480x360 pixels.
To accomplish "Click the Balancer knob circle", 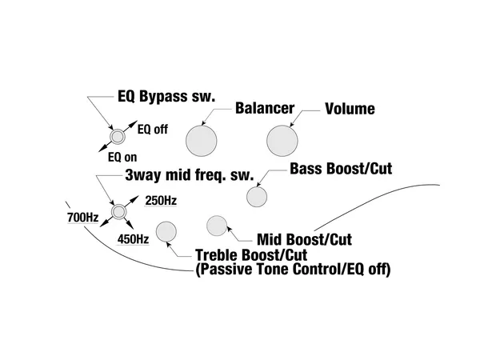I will (202, 142).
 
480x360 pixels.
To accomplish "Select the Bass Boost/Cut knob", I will (257, 197).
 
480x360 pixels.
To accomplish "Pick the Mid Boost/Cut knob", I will (218, 226).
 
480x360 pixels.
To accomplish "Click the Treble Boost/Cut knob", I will (166, 232).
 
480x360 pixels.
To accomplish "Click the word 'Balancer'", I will (265, 108).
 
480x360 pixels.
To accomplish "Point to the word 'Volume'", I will (350, 108).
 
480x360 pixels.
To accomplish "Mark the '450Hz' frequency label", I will (134, 238).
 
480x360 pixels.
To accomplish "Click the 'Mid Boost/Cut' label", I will (305, 238).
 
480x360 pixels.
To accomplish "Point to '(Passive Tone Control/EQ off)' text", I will (293, 270).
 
